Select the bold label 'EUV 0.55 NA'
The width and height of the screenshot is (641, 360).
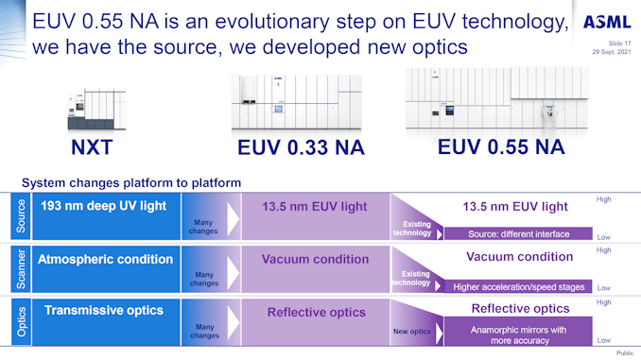click(x=501, y=146)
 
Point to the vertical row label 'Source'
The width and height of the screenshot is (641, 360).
click(x=21, y=216)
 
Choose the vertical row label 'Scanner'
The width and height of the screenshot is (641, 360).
click(x=21, y=268)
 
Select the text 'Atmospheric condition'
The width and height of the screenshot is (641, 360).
click(x=105, y=258)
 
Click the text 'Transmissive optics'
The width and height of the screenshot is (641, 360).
click(x=104, y=310)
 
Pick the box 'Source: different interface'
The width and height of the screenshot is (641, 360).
click(x=519, y=233)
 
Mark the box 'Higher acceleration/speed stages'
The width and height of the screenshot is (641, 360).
click(x=519, y=286)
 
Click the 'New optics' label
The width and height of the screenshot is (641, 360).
click(x=411, y=332)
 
